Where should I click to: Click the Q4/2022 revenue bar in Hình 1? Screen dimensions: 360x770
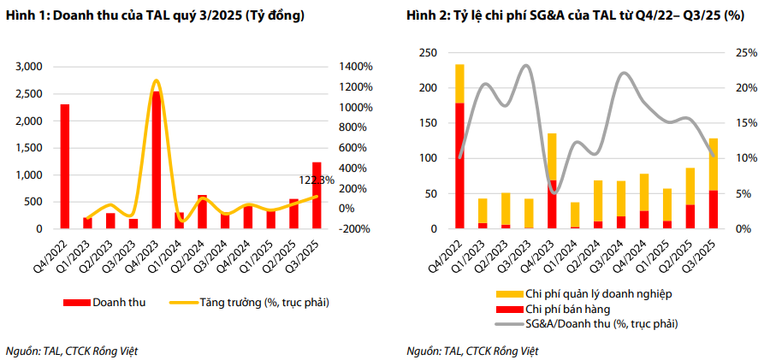tap(64, 167)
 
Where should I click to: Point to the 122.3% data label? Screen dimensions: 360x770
tap(317, 180)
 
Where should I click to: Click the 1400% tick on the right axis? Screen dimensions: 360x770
tap(354, 67)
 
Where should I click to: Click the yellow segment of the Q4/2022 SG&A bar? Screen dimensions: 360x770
tap(459, 83)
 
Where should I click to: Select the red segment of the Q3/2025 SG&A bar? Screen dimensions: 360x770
tap(713, 210)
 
